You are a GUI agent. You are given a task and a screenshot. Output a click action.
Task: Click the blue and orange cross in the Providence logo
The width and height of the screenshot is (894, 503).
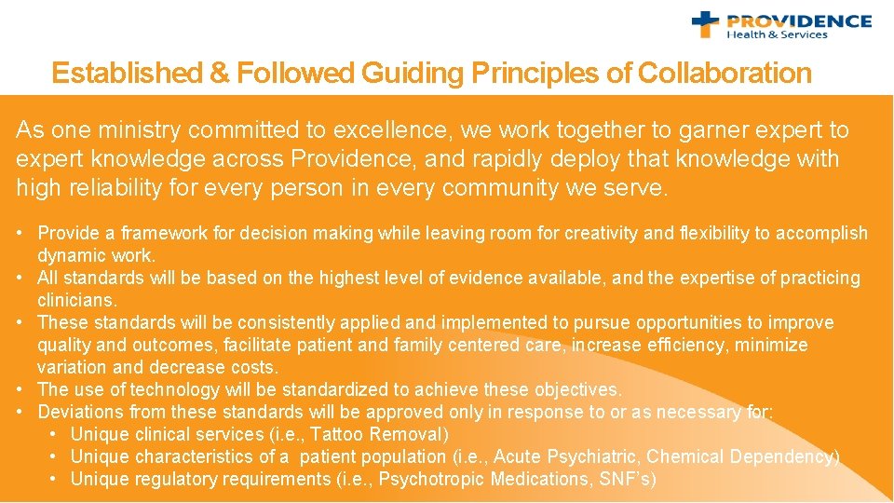(x=706, y=24)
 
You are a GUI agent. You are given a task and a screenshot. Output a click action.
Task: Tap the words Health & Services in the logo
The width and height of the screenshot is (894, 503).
(x=777, y=34)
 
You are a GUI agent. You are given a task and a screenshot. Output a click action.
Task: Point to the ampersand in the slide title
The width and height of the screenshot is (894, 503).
(x=220, y=74)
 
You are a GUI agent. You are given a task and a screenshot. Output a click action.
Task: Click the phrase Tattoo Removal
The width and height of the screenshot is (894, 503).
(x=378, y=434)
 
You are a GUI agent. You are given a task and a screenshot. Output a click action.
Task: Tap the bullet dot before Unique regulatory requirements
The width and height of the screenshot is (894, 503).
(x=54, y=479)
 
